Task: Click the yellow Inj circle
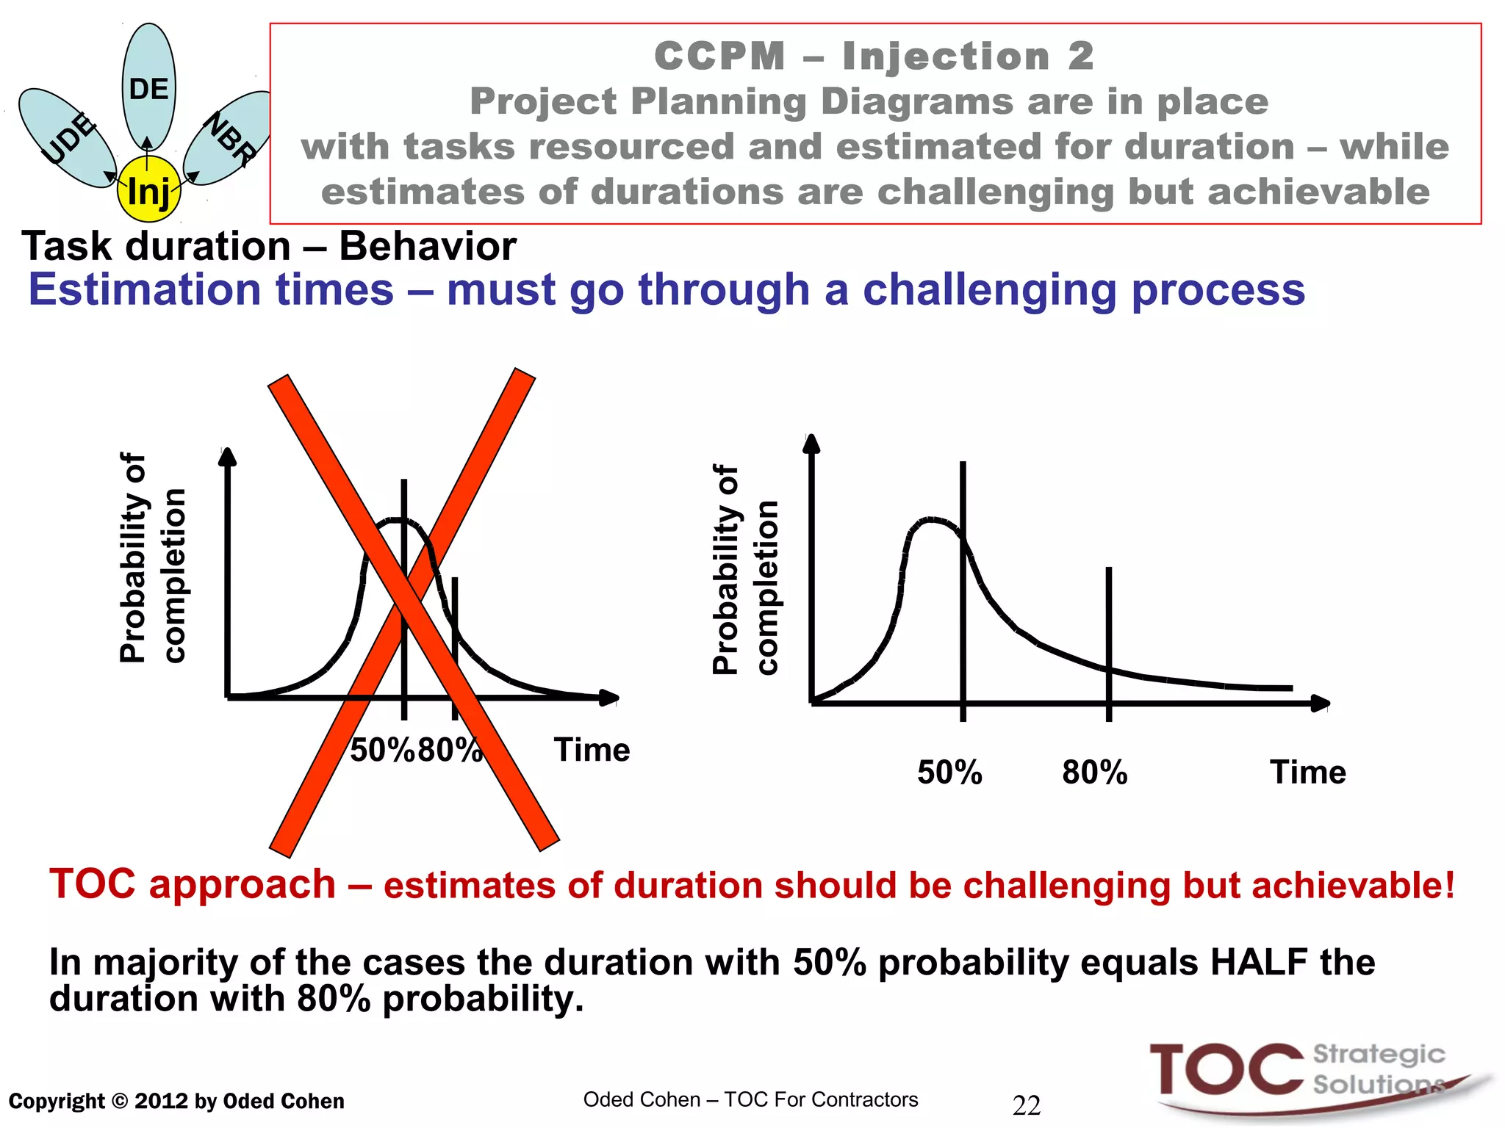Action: tap(148, 190)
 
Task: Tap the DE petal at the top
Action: tap(149, 88)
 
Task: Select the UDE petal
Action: tap(67, 138)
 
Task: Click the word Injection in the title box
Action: tap(946, 57)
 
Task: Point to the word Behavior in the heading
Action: tap(427, 246)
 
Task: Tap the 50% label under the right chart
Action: tap(949, 773)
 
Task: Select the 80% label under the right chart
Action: tap(1094, 773)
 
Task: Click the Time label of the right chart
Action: tap(1308, 773)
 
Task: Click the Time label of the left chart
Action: tap(592, 751)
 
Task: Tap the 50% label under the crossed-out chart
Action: tap(381, 751)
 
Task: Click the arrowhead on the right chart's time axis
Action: tap(1321, 704)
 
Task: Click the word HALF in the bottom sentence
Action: tap(1259, 962)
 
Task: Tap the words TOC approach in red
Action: tap(193, 884)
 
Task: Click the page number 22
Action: tap(1027, 1105)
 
